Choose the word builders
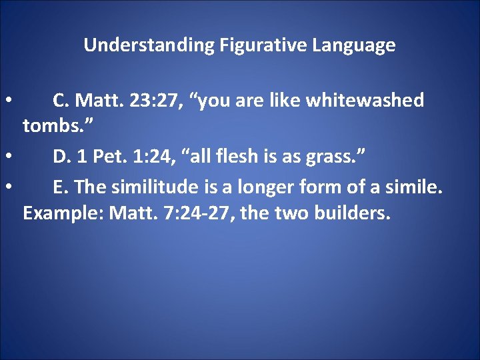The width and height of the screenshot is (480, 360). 353,215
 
